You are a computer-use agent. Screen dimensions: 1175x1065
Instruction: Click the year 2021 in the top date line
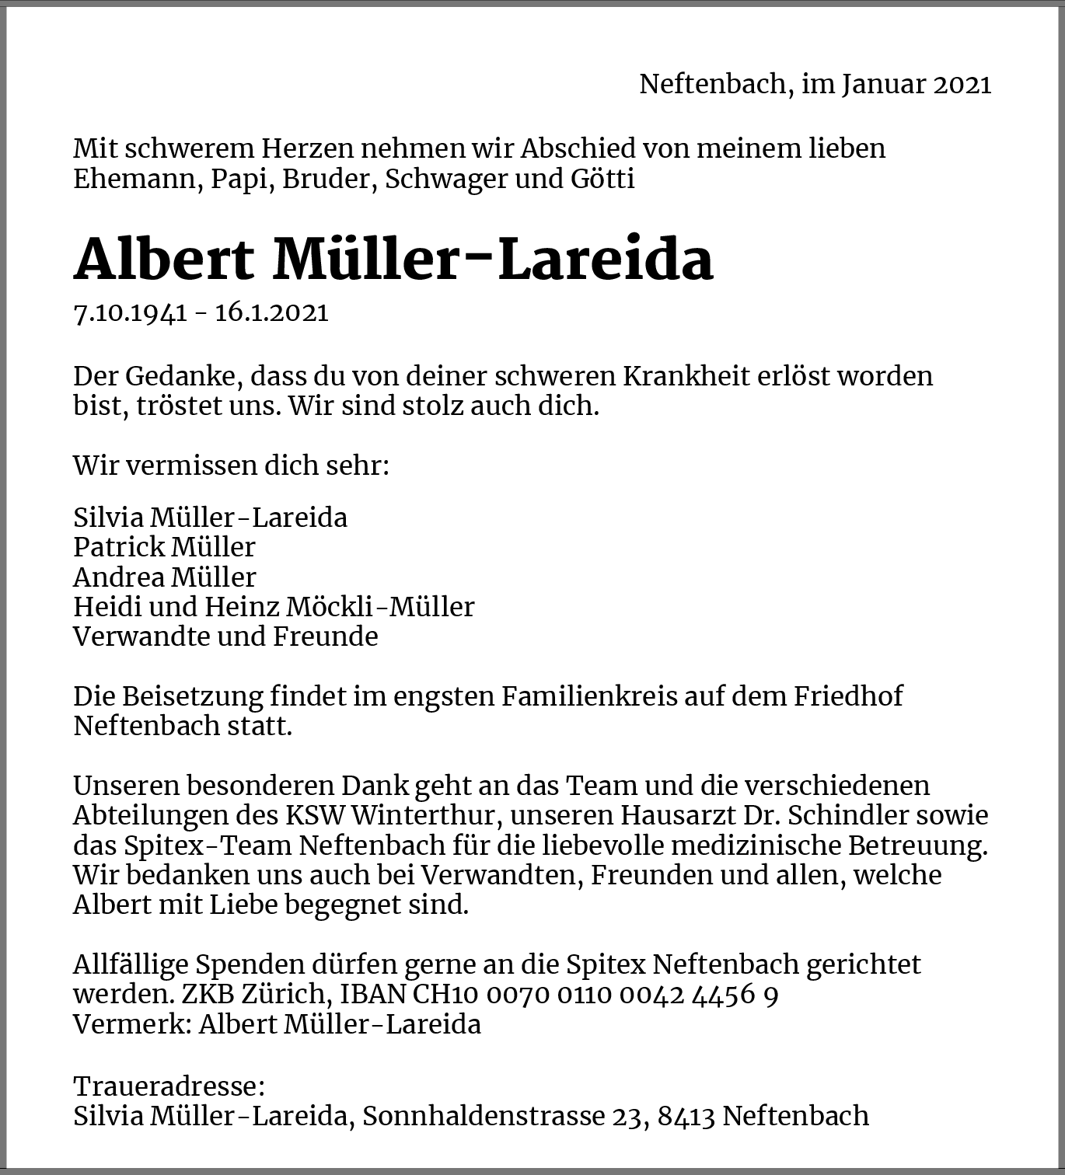(962, 84)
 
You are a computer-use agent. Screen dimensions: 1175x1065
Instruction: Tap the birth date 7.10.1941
(130, 312)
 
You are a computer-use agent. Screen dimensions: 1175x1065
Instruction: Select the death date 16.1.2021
(271, 312)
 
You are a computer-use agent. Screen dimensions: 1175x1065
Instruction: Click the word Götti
(603, 179)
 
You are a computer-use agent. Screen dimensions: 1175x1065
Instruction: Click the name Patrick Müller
(164, 547)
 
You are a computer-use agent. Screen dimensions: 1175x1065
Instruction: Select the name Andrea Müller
(164, 577)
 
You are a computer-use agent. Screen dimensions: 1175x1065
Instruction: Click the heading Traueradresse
(169, 1086)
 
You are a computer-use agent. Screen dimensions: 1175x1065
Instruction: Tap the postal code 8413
(686, 1116)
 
